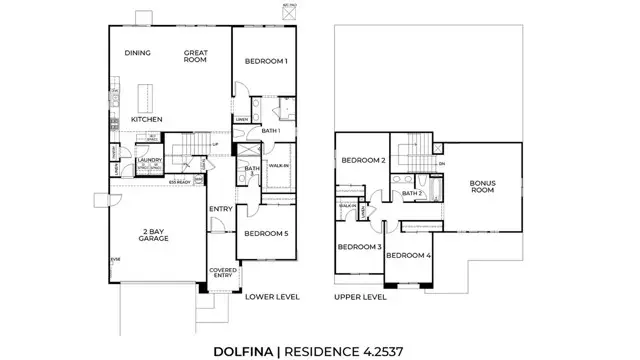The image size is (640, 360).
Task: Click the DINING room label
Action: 137,53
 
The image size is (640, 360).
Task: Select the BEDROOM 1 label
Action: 266,62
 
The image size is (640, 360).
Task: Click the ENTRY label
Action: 220,209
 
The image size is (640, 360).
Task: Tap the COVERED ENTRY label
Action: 221,274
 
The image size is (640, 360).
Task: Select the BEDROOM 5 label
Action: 266,234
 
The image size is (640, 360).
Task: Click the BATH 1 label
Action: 270,130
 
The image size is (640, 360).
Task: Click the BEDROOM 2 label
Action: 363,160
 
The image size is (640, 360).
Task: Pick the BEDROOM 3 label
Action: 358,246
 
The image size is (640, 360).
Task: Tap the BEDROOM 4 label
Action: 408,256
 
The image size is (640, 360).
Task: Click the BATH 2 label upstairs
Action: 415,192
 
